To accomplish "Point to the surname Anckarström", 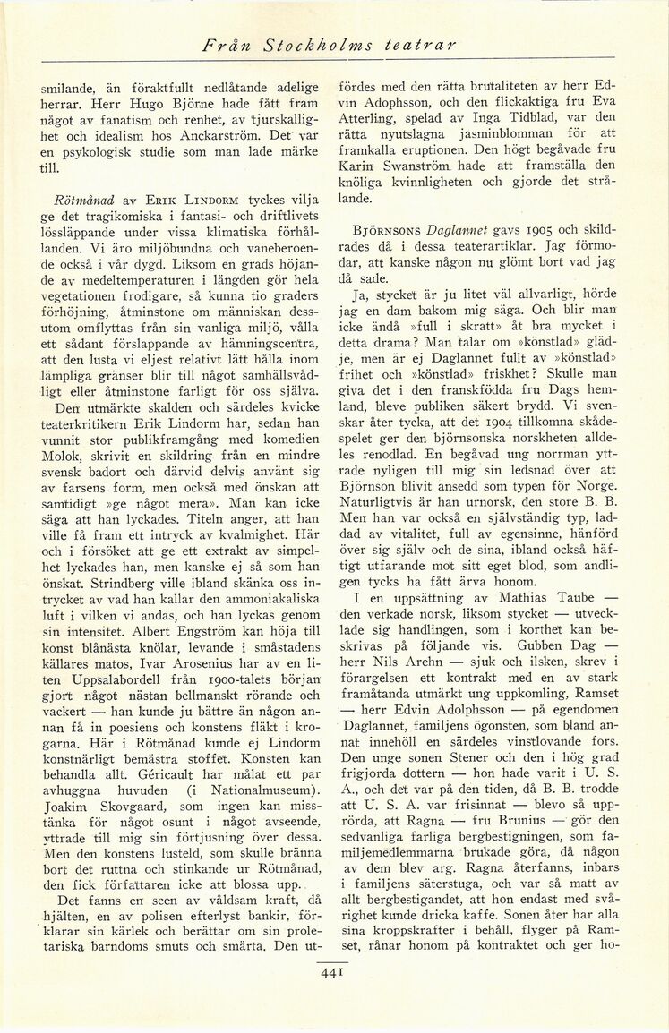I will pyautogui.click(x=236, y=133).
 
